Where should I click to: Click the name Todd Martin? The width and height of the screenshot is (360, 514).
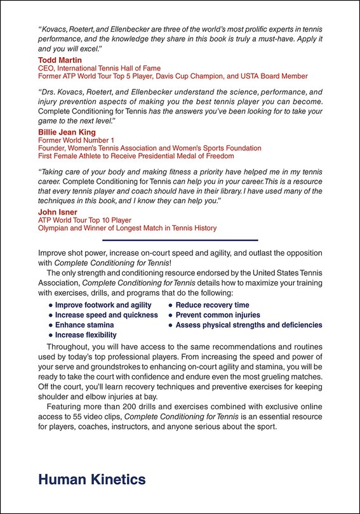[61, 60]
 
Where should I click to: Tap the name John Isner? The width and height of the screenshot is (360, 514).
[58, 212]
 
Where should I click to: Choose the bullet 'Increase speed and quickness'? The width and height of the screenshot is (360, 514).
[106, 315]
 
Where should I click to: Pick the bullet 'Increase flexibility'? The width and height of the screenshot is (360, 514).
[86, 335]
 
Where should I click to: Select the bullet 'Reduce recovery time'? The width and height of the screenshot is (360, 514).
[212, 305]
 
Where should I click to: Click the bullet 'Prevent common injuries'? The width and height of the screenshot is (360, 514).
[217, 315]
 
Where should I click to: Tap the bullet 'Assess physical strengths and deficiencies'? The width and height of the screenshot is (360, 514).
[248, 325]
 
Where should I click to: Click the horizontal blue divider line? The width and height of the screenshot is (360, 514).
[180, 240]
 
